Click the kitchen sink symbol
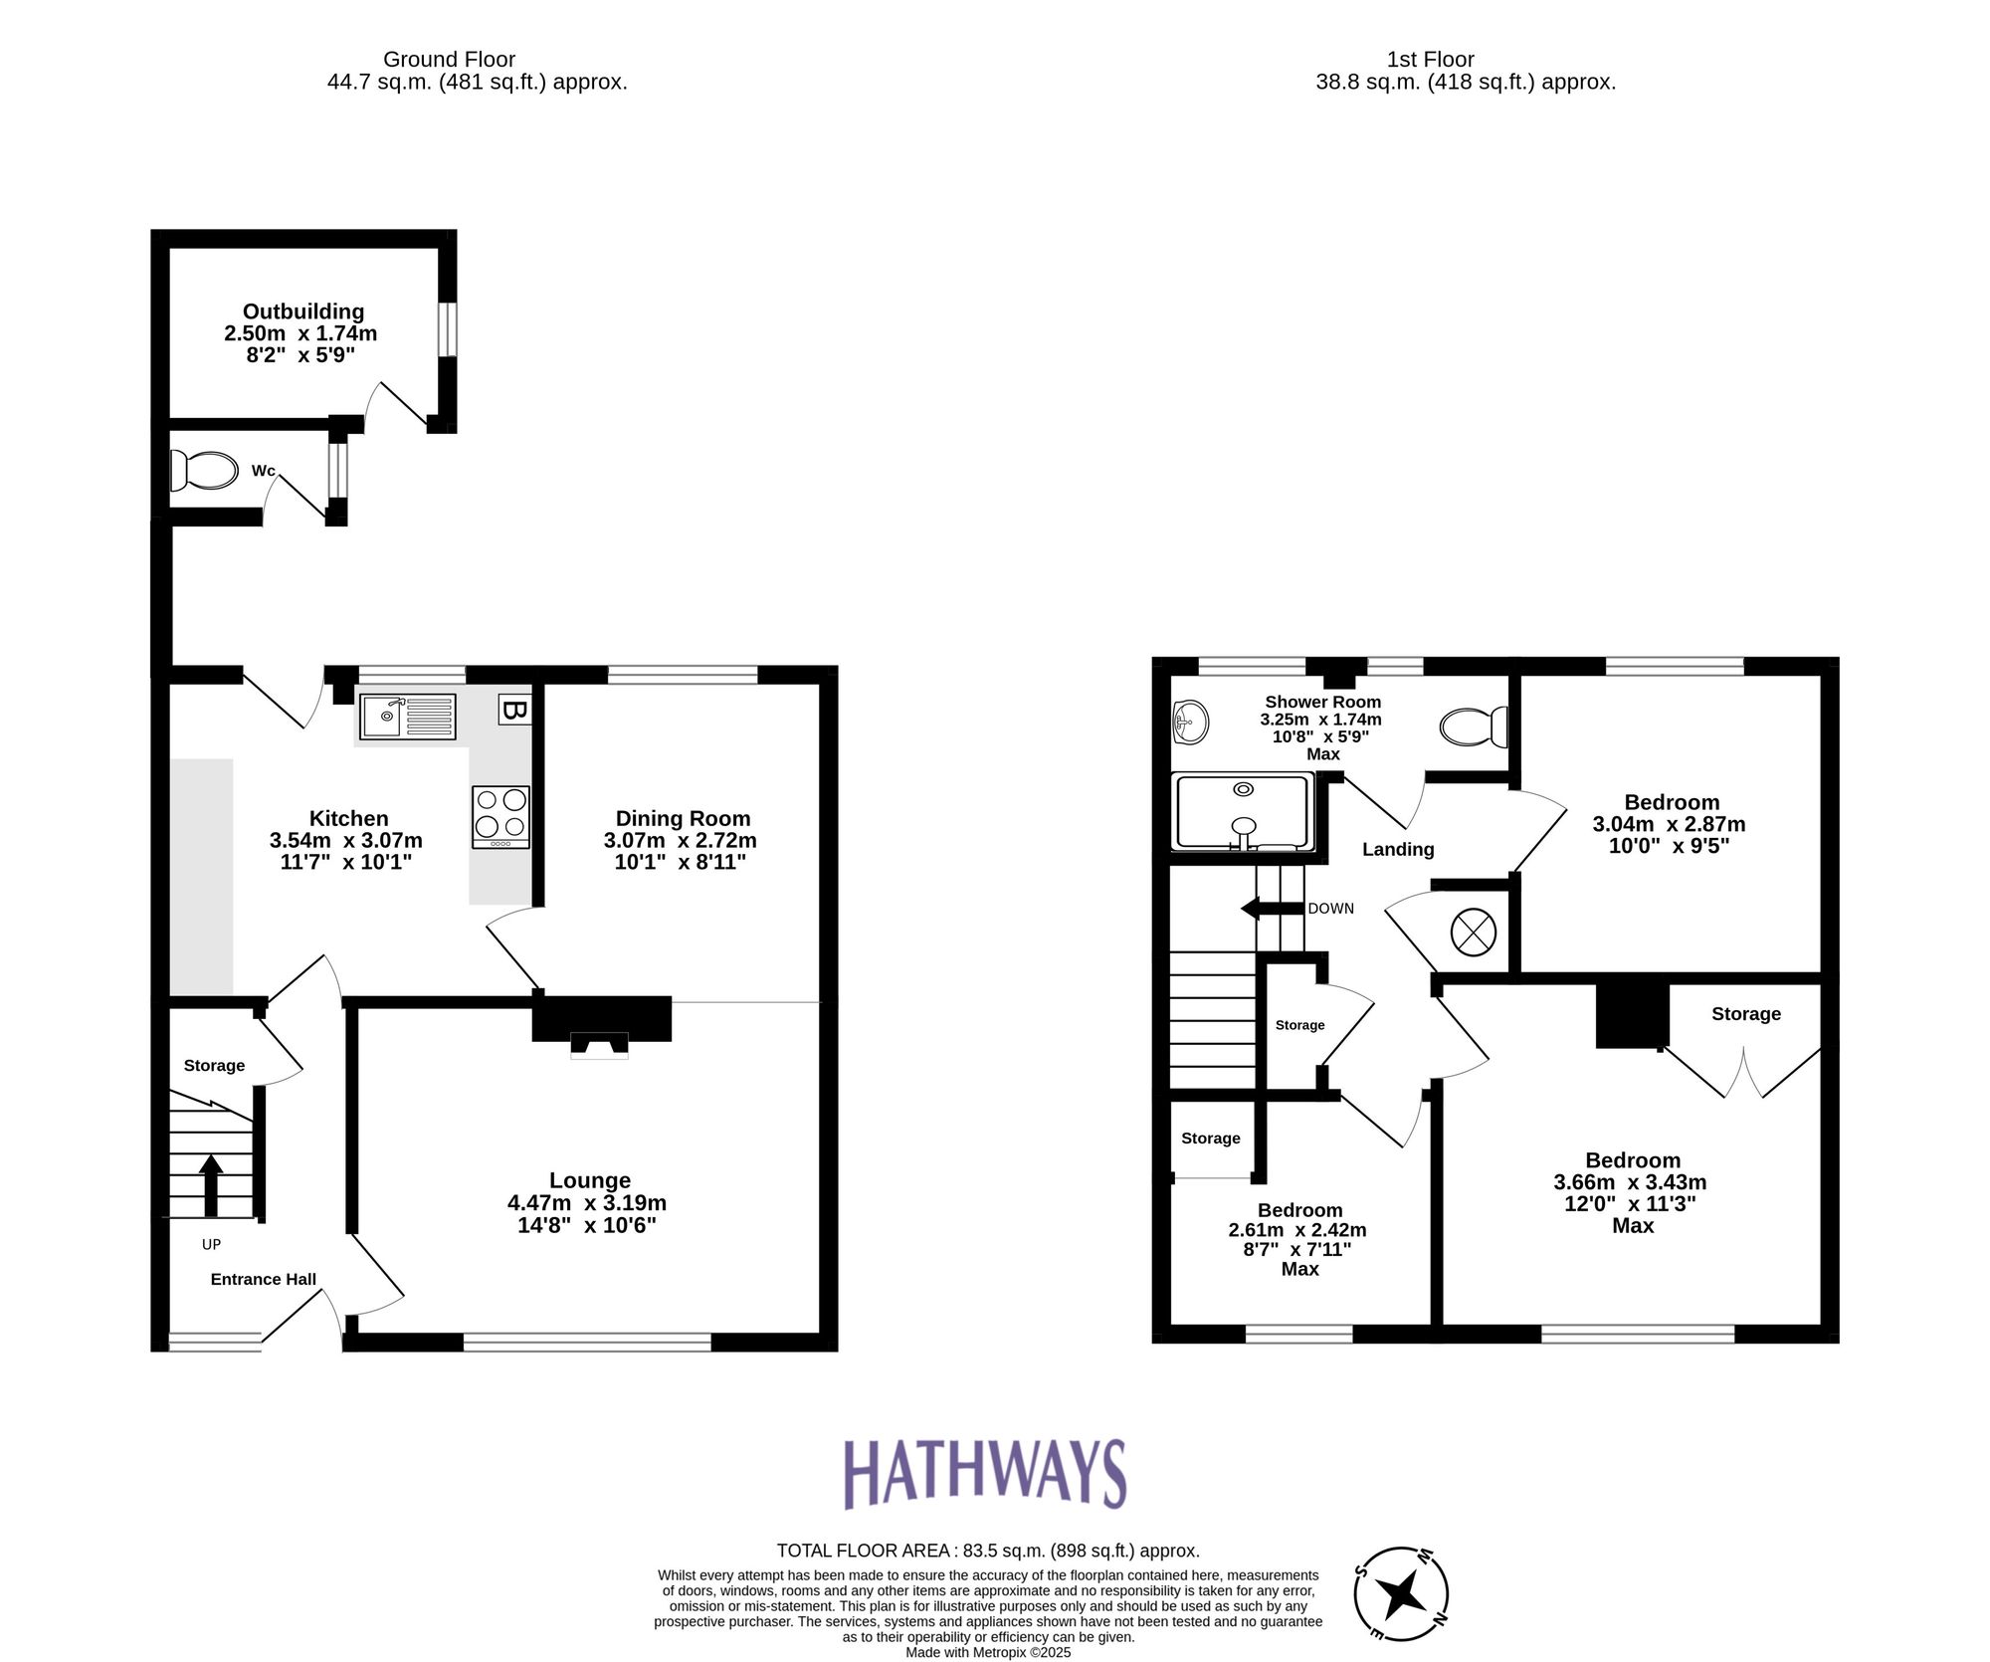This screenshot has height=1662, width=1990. [x=406, y=717]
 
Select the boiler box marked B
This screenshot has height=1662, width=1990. [x=513, y=710]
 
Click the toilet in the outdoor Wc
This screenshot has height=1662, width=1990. [x=205, y=471]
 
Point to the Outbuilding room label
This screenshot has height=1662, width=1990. [x=302, y=312]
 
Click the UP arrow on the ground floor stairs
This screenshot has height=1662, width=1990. [x=211, y=1184]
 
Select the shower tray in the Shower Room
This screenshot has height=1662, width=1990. [x=1242, y=813]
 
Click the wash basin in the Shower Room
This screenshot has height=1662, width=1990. [x=1190, y=722]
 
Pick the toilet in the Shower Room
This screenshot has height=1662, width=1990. [x=1474, y=727]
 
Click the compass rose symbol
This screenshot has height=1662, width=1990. [x=1401, y=1594]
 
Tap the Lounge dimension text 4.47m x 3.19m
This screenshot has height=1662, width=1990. [x=587, y=1202]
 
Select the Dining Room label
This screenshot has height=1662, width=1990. [x=682, y=818]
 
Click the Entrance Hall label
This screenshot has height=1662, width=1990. [x=263, y=1280]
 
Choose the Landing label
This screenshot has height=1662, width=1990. [x=1398, y=849]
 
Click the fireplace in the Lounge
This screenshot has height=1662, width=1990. [x=600, y=1026]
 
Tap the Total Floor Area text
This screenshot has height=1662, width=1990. [x=987, y=1550]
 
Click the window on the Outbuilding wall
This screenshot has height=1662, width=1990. [x=449, y=329]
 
